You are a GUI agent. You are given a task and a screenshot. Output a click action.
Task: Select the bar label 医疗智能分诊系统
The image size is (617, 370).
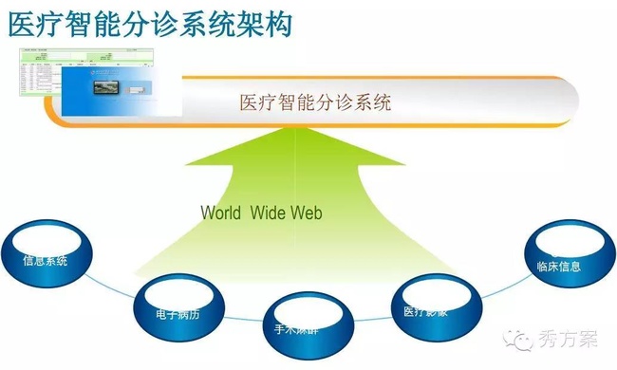pos(315,102)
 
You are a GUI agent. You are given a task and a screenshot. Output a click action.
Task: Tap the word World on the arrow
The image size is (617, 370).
pos(223,213)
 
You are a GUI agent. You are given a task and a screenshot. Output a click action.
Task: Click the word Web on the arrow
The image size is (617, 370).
pos(306,213)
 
